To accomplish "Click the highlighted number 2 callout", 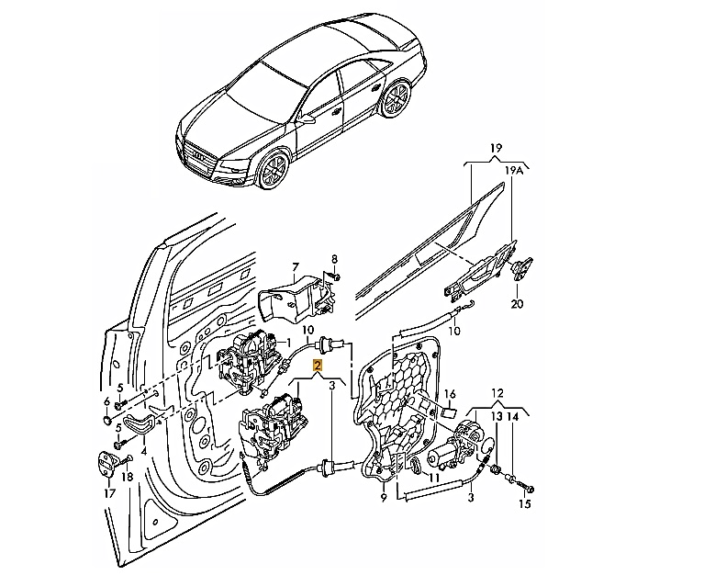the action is coord(318,365).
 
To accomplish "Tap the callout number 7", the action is coord(295,267).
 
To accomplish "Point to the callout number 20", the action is coord(518,304).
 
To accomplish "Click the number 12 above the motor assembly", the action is coord(497,393).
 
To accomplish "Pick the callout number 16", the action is coord(450,394).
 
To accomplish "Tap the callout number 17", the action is coord(109,493).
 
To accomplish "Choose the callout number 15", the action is coord(524,504).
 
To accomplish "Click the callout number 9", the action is coord(384,498).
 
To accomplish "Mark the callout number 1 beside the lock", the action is coord(288,342).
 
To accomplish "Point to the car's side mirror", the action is coord(308,118).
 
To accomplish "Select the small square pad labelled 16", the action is coord(449,411).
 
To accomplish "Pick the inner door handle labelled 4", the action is coord(140,424).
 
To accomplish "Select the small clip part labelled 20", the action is coord(522,268).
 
